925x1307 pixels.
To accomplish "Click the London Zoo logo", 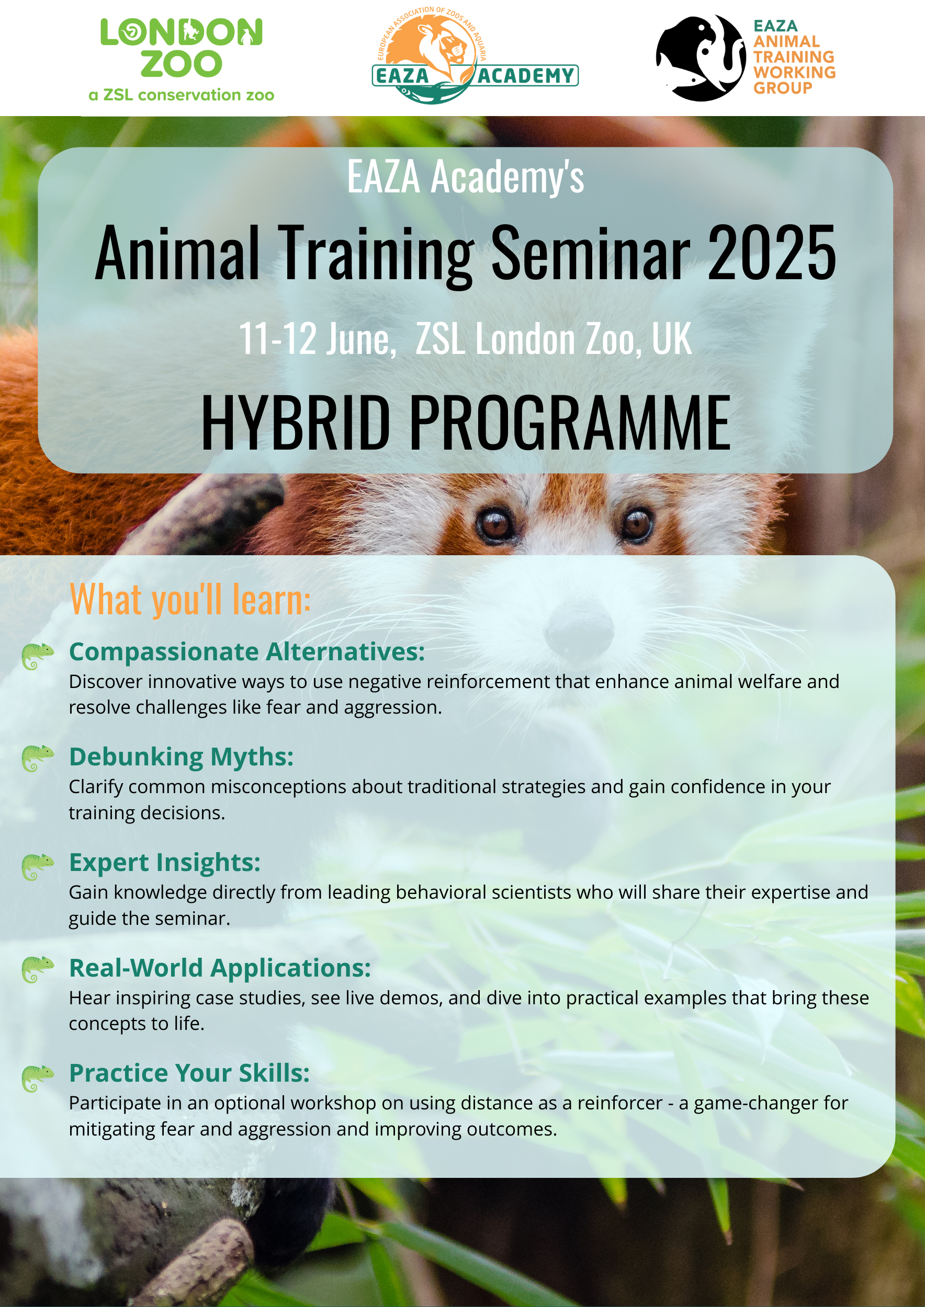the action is coord(181,60).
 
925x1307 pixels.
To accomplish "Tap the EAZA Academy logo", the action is coord(475,56).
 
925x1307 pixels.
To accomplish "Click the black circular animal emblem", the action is coord(701,58).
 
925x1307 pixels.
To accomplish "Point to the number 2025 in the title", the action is coord(771,252).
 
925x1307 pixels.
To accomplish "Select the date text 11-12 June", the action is coord(317,339).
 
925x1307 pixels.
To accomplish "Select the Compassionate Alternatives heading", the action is coord(247,652).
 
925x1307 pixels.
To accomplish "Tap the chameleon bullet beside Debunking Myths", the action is coord(38,758).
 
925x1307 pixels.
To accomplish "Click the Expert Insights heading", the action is coord(165,863).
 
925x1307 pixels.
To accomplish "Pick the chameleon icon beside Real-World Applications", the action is coord(38,969).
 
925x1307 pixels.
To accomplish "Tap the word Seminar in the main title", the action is coord(591,252).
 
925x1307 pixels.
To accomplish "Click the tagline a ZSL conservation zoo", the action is coord(181,95).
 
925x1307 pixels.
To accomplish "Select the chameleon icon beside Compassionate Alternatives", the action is coord(38,656).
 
